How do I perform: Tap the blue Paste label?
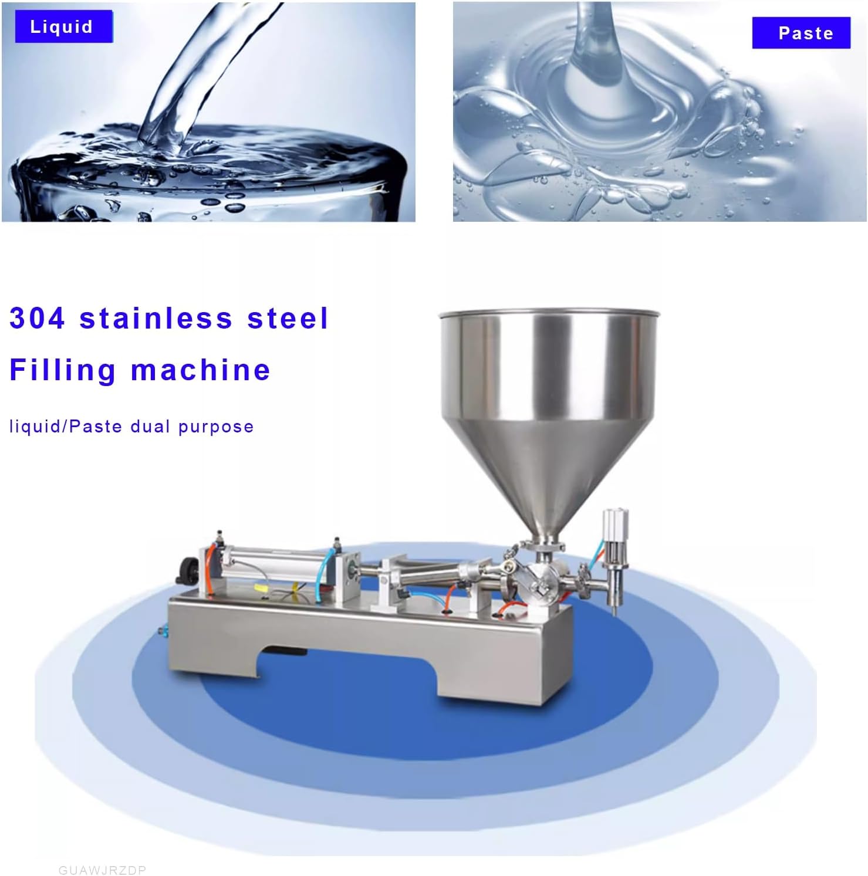801,33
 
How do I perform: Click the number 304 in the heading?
37,318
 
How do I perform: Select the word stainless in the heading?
156,318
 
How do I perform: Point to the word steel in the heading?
287,318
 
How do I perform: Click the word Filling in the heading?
63,371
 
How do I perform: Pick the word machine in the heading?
201,370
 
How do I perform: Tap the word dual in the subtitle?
150,426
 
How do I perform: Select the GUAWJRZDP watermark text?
102,870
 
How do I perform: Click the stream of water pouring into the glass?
194,76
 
